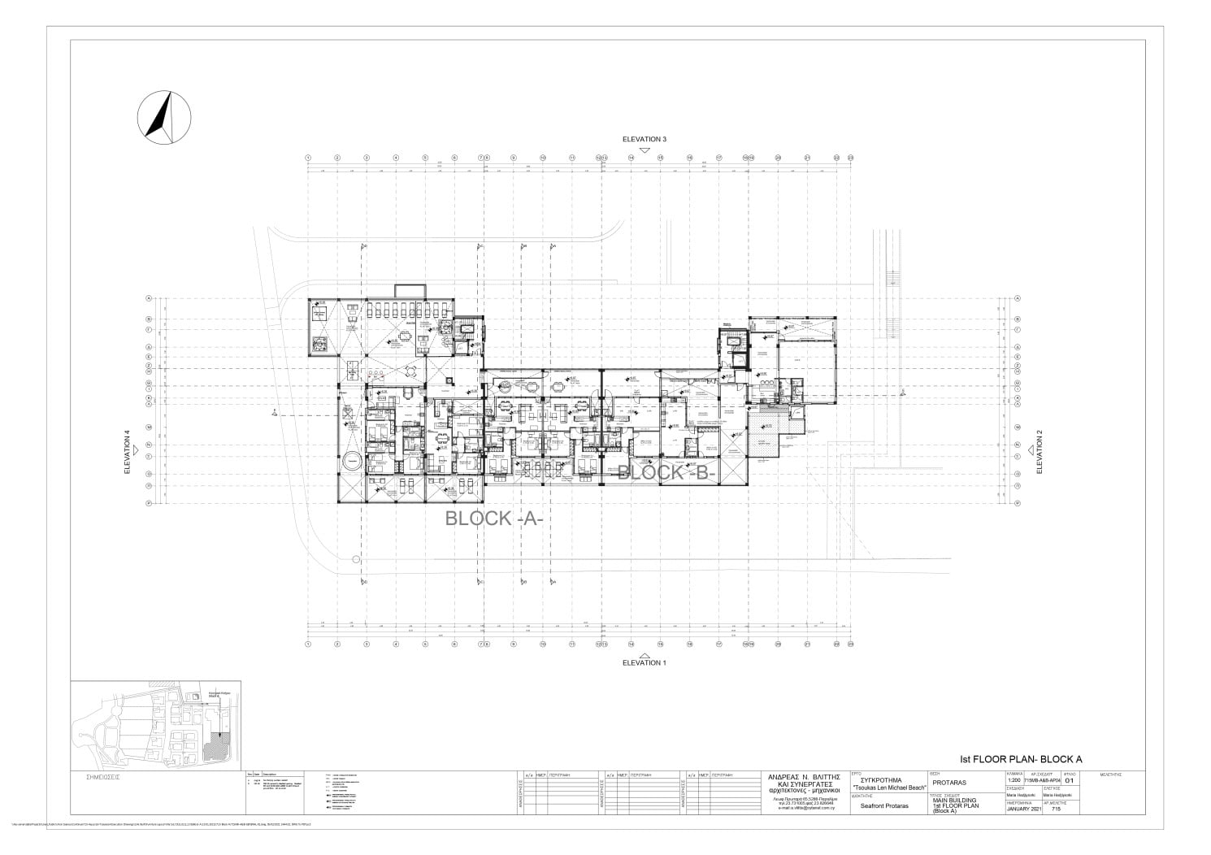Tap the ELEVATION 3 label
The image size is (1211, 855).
click(x=644, y=139)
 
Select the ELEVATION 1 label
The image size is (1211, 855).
click(x=644, y=662)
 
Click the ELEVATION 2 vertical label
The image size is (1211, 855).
click(x=1039, y=458)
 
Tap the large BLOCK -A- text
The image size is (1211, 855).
click(x=493, y=519)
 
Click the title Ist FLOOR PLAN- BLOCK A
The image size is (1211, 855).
click(x=1021, y=759)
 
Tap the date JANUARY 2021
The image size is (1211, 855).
click(x=1022, y=809)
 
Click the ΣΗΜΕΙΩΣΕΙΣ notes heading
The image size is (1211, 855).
click(x=103, y=776)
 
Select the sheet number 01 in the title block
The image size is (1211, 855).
click(x=1069, y=782)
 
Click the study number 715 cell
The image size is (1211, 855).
click(x=1056, y=809)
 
